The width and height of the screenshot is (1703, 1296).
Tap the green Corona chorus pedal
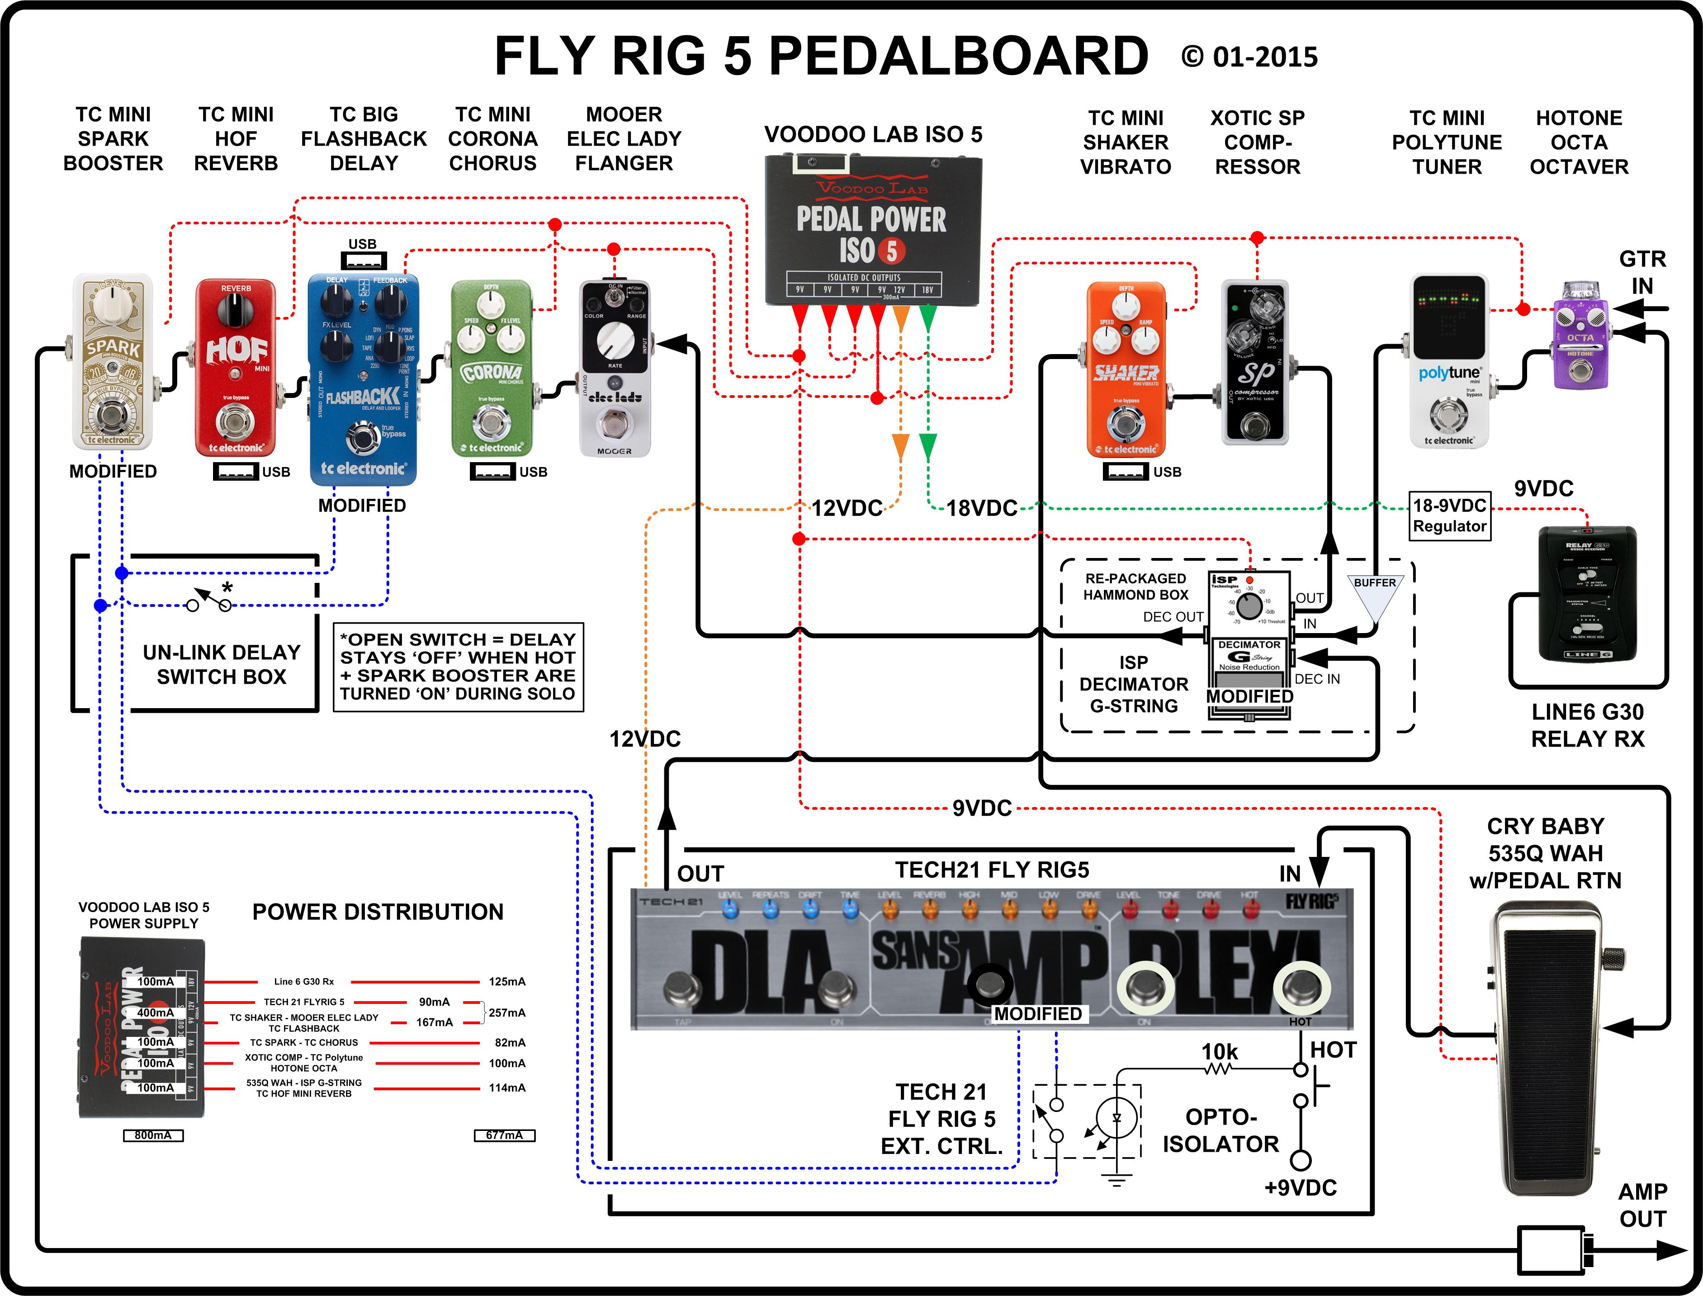coord(491,369)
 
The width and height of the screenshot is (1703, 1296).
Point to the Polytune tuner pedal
coord(1448,361)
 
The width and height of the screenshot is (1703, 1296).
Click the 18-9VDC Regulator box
coord(1449,516)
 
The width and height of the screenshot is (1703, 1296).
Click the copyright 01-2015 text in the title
coord(1249,57)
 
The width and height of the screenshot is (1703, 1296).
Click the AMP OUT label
coord(1642,1205)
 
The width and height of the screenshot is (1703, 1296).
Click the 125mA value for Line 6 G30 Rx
coord(507,982)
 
